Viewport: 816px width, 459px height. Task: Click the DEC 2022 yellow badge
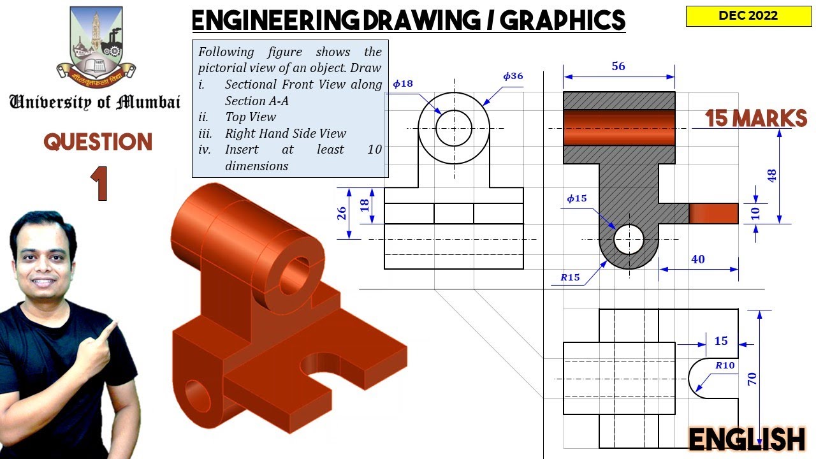tap(748, 16)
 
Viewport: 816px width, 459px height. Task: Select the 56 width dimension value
tap(618, 66)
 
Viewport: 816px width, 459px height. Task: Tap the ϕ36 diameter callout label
tap(513, 76)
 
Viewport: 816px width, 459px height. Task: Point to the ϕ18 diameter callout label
tap(403, 84)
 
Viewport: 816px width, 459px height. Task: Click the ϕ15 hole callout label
tap(577, 198)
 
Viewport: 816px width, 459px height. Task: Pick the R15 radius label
tap(570, 277)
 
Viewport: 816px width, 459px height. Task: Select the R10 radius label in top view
tap(724, 365)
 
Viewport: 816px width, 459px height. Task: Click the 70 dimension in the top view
tap(752, 379)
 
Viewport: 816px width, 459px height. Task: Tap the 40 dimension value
tap(697, 259)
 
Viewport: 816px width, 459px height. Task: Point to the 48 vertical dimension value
tap(772, 176)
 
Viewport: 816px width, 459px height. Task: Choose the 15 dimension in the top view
tap(720, 341)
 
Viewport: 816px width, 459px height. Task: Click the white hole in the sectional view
tap(629, 240)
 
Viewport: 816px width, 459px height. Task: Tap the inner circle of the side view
tap(454, 127)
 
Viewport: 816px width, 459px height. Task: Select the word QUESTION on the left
tap(98, 142)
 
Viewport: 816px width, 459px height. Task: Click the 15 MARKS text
tap(756, 119)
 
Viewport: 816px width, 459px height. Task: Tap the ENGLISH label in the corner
tap(747, 440)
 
